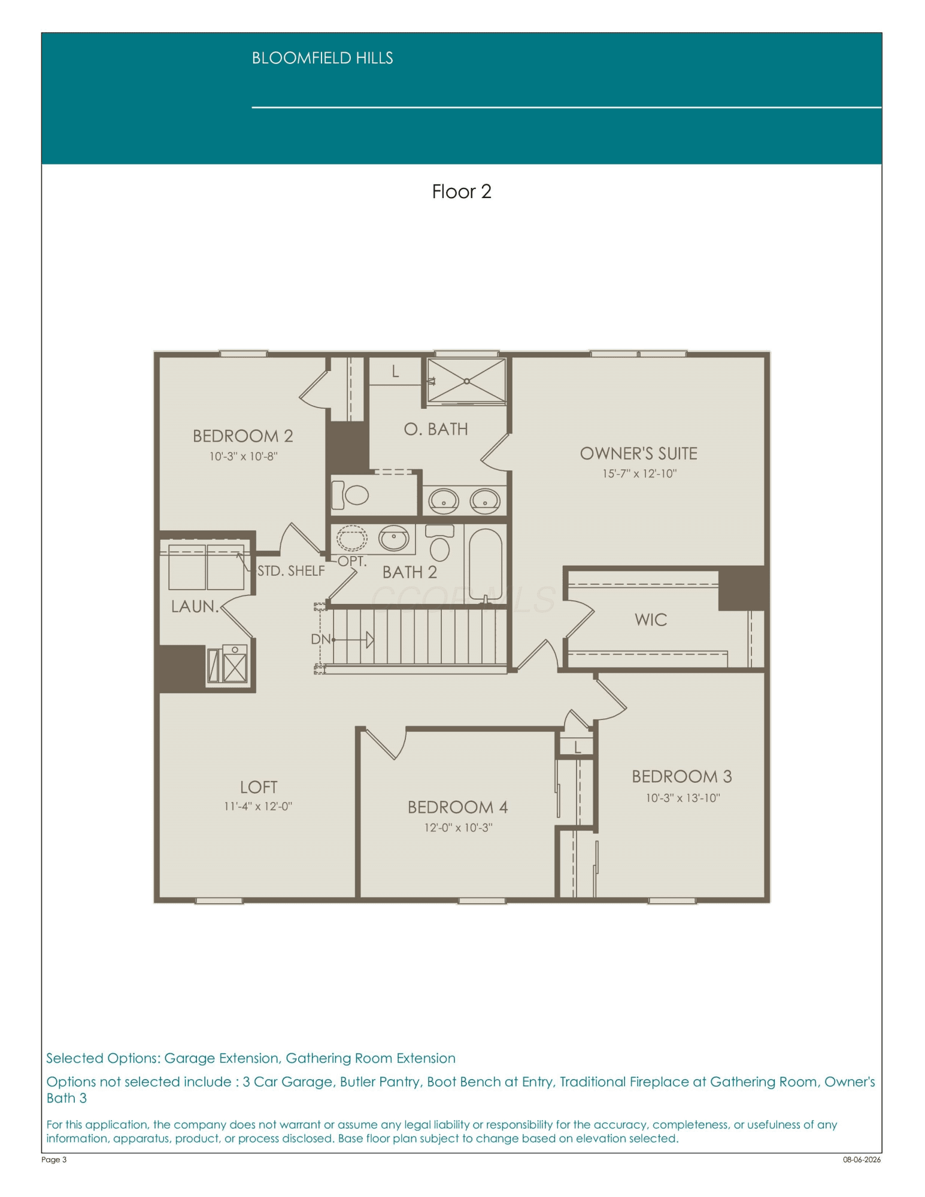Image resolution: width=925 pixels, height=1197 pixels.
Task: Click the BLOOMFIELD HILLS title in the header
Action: coord(322,58)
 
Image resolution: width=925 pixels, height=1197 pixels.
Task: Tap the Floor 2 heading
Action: coord(462,192)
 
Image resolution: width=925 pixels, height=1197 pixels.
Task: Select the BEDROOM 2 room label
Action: coord(242,436)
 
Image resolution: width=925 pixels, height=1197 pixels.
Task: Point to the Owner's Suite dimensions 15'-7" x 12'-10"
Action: coord(639,473)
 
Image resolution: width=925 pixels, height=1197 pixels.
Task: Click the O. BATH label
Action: coord(436,429)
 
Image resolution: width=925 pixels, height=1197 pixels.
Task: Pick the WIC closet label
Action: coord(651,619)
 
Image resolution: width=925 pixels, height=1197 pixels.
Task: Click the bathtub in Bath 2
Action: coord(486,564)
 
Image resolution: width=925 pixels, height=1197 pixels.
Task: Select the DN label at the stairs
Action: coord(320,639)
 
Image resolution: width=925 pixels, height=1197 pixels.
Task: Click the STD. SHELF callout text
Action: coord(291,571)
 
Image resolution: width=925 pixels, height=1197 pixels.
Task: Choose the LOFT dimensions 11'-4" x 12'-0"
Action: coord(258,806)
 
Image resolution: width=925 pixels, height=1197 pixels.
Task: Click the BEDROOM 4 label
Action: coord(457,807)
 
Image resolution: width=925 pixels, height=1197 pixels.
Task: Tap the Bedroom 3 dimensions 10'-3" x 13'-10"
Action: coord(683,798)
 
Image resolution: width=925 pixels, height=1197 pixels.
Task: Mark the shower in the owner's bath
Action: coord(466,381)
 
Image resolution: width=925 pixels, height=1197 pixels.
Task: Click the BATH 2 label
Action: coord(410,572)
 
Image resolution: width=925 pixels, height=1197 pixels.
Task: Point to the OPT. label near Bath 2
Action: coord(352,561)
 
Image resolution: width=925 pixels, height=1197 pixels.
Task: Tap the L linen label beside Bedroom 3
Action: coord(578,747)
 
